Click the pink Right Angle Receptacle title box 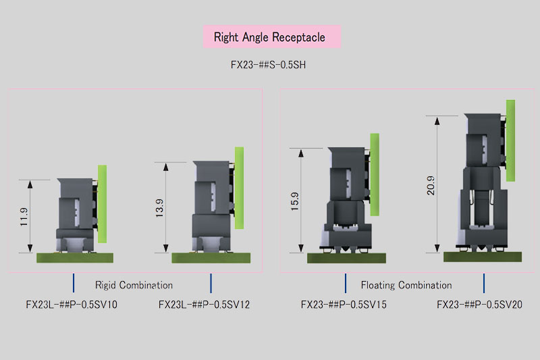click(272, 36)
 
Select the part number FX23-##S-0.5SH click(268, 65)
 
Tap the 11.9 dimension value click(24, 217)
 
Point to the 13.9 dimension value click(159, 208)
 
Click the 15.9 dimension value click(295, 201)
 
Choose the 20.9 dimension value click(431, 185)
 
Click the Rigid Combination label click(134, 285)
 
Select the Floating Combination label click(406, 285)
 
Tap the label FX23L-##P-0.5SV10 click(72, 305)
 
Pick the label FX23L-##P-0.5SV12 click(205, 305)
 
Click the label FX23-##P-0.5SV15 click(344, 305)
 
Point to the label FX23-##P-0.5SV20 click(480, 305)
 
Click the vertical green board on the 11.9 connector click(103, 204)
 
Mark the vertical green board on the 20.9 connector click(511, 140)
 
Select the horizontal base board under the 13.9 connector click(211, 258)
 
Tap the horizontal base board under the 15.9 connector click(346, 258)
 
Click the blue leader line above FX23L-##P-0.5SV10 click(74, 283)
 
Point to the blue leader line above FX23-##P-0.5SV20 click(484, 283)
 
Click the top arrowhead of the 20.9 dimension click(437, 121)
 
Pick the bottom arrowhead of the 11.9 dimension click(30, 249)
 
